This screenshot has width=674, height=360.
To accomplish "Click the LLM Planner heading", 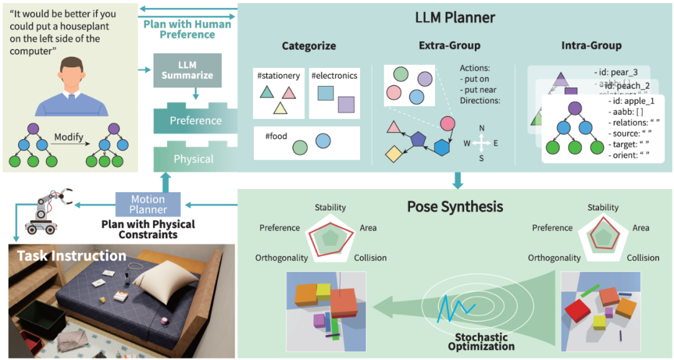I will pos(455,17).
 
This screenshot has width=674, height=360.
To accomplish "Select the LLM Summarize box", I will pos(187,70).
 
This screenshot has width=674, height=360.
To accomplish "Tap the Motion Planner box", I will pos(148,205).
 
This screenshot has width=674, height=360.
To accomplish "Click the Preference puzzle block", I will pos(196,120).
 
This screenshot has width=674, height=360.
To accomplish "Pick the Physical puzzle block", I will pos(193,159).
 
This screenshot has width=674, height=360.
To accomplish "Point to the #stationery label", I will pos(278,76).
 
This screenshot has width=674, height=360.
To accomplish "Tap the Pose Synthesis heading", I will pos(455,206).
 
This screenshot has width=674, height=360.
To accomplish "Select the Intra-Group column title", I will pos(591,46).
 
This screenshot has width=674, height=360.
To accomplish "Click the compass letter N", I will pos(481,128).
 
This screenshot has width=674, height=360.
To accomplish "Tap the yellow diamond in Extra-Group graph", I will pos(393,152).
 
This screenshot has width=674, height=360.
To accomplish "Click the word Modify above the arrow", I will pos(69,137).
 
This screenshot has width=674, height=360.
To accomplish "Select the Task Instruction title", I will pos(72,256).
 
